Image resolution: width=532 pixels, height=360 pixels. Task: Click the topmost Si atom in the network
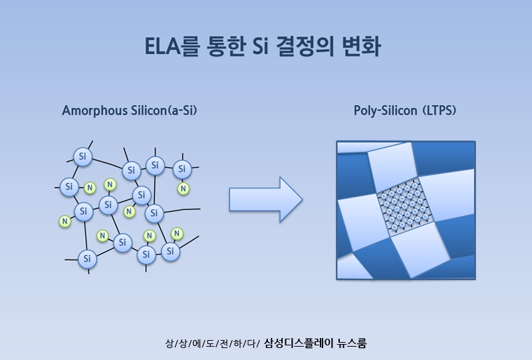point(82,156)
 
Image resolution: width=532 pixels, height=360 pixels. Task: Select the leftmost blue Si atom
point(69,187)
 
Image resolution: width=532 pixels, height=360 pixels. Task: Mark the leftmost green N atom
point(65,221)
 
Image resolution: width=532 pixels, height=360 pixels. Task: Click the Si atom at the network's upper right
point(182,170)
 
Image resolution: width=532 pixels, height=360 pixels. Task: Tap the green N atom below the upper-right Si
point(183,189)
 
